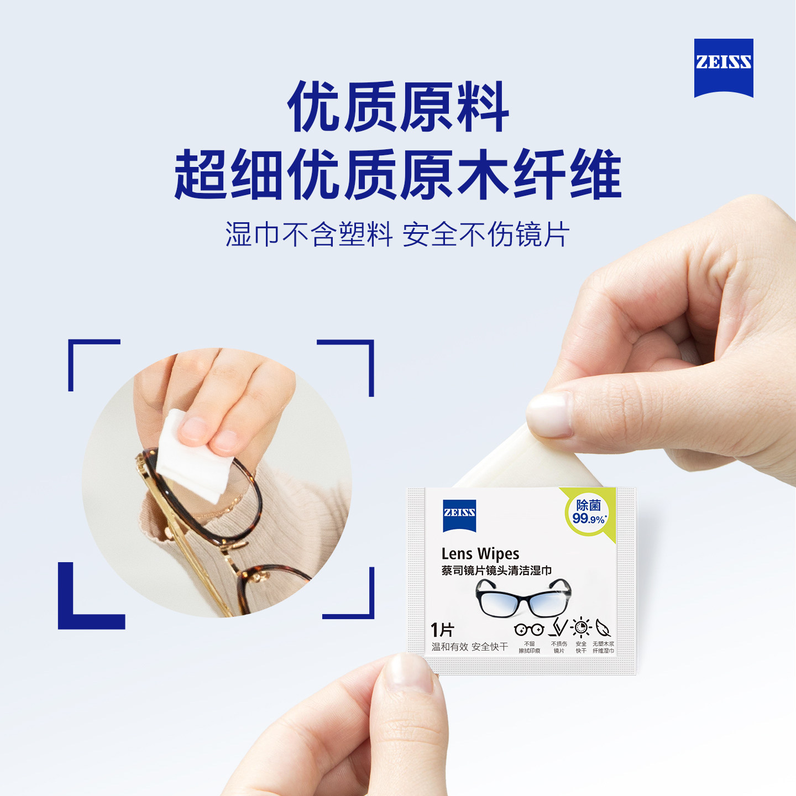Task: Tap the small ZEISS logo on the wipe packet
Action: (459, 514)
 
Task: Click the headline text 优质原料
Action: (398, 107)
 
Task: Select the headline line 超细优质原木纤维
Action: (398, 175)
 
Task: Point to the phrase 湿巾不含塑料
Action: (308, 234)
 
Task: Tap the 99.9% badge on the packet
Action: (588, 512)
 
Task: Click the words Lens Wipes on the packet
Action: (480, 554)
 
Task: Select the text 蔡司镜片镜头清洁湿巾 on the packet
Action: (496, 570)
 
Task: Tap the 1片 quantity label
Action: (442, 630)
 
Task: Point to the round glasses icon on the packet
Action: (529, 629)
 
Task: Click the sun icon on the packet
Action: (581, 627)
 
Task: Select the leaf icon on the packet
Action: (603, 628)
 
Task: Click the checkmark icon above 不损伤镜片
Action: (559, 627)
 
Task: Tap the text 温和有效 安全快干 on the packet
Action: (469, 647)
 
